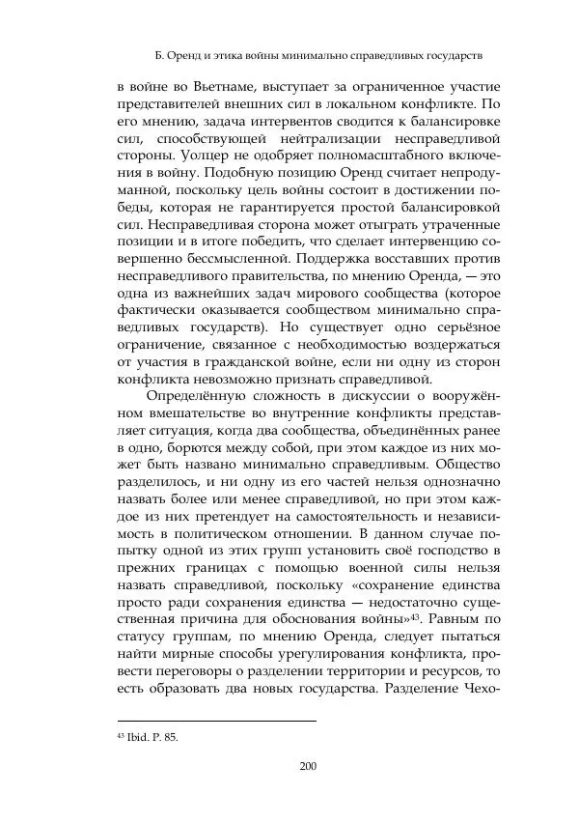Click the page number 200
[308, 767]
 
